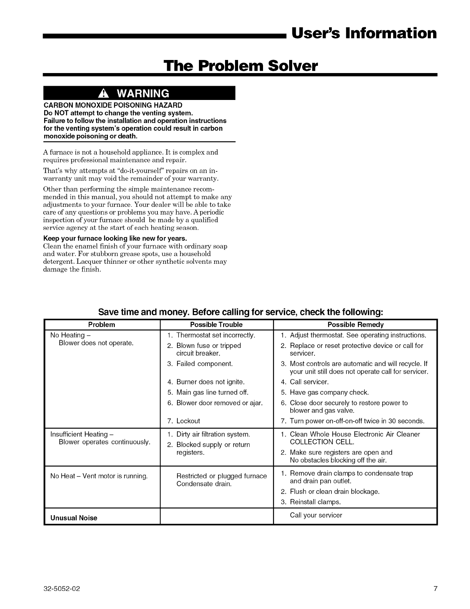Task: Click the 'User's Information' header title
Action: (x=364, y=33)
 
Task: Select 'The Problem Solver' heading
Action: (x=241, y=66)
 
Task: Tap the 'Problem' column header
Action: (x=102, y=324)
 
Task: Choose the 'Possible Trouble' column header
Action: (x=216, y=324)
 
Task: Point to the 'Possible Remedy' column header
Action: (x=355, y=324)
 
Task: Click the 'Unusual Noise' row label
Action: (x=74, y=518)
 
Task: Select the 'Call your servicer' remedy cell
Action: (x=316, y=515)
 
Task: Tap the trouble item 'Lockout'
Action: (x=188, y=421)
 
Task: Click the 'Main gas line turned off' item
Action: (x=212, y=393)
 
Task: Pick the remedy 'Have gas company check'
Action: (x=329, y=393)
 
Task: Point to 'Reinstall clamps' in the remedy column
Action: (x=315, y=502)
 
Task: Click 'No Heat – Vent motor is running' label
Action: (x=99, y=476)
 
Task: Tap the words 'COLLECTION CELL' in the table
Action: (x=322, y=442)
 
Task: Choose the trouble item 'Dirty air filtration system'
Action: (x=213, y=434)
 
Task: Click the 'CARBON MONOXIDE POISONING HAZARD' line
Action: (x=113, y=105)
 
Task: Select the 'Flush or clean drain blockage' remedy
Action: (x=334, y=491)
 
